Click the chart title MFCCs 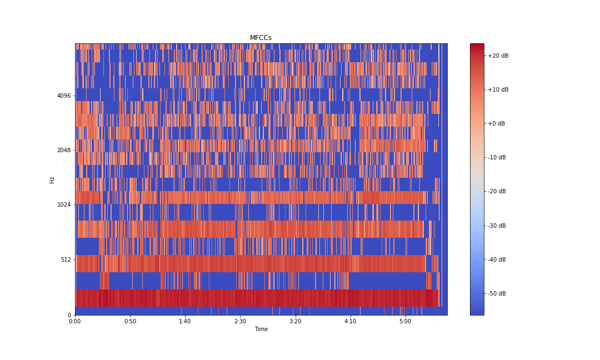(x=261, y=38)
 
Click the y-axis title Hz (x=52, y=179)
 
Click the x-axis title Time (x=261, y=329)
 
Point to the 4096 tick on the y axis (x=64, y=96)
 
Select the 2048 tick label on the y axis (x=64, y=150)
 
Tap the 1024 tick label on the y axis (x=64, y=204)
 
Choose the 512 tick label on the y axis (x=66, y=259)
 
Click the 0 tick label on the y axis (x=69, y=315)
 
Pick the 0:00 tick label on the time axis (x=75, y=322)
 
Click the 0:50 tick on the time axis (x=130, y=322)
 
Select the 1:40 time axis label (x=185, y=322)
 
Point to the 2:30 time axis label (x=240, y=322)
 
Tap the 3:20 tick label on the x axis (x=295, y=322)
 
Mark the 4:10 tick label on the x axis (x=350, y=322)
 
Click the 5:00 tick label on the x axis (x=405, y=322)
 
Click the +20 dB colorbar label (x=498, y=56)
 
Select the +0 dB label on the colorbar (x=496, y=123)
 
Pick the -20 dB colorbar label (x=497, y=191)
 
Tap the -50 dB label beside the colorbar (x=497, y=293)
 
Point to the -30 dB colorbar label (x=497, y=226)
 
